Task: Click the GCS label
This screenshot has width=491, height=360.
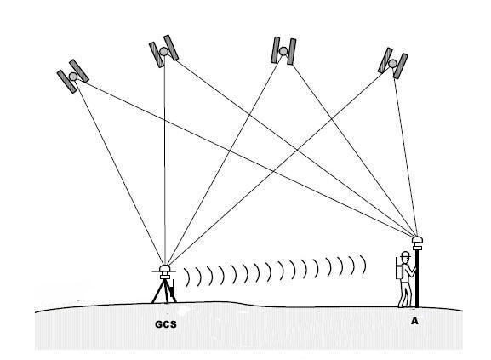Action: click(166, 324)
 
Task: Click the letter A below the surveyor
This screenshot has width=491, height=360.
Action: click(414, 321)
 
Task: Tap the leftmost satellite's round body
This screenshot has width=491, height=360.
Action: click(73, 76)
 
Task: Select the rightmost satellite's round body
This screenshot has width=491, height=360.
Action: click(392, 64)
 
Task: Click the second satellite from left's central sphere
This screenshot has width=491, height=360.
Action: click(163, 51)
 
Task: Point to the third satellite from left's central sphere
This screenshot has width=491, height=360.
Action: click(283, 51)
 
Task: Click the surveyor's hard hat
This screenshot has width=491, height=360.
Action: click(405, 254)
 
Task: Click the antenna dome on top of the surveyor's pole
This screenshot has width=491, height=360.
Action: click(417, 240)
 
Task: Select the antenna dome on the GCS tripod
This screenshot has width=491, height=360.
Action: click(164, 269)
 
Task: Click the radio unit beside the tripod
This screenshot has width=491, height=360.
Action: click(172, 290)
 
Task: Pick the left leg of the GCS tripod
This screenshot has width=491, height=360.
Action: click(158, 292)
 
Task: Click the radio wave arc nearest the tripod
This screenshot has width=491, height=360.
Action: click(188, 277)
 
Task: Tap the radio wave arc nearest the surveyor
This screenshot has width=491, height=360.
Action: click(363, 265)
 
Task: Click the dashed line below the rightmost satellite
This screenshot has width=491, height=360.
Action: click(405, 152)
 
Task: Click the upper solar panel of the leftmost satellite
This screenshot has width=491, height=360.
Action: click(79, 71)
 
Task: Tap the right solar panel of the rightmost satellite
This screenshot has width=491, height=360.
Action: click(401, 66)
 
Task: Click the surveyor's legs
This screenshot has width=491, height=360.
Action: click(405, 294)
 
